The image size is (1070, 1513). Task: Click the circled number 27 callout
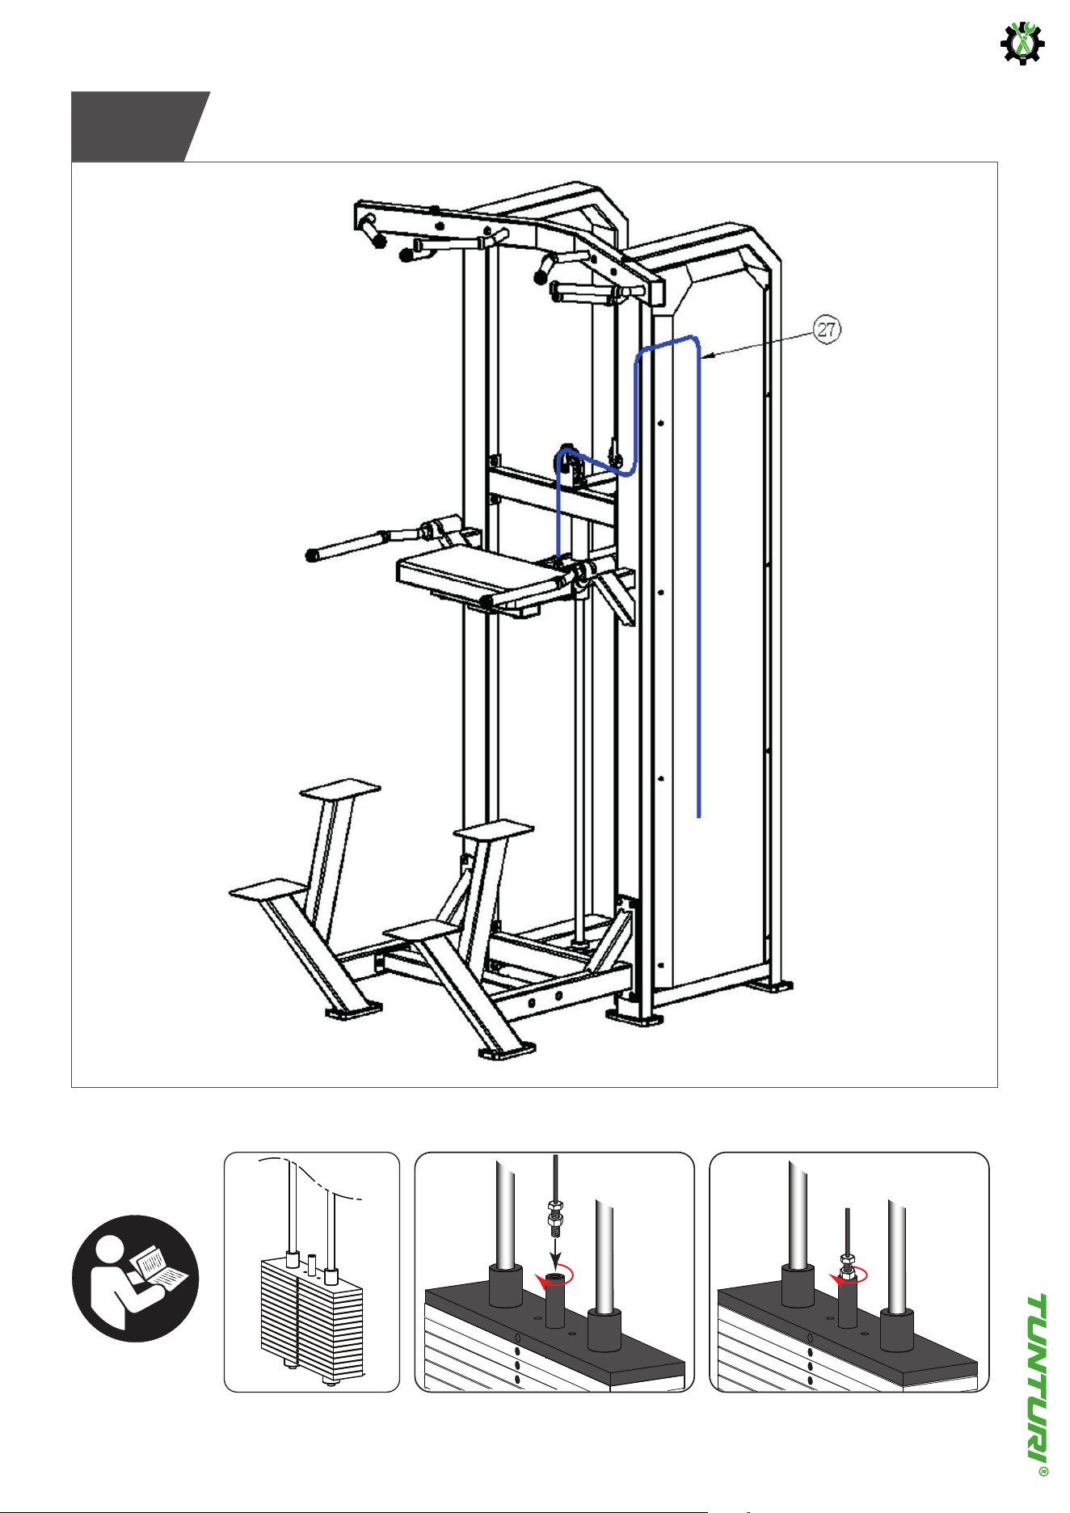tap(827, 330)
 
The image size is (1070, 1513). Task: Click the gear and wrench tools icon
tap(1022, 43)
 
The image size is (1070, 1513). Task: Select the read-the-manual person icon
tap(135, 1278)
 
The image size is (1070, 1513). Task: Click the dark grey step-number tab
tap(141, 126)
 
